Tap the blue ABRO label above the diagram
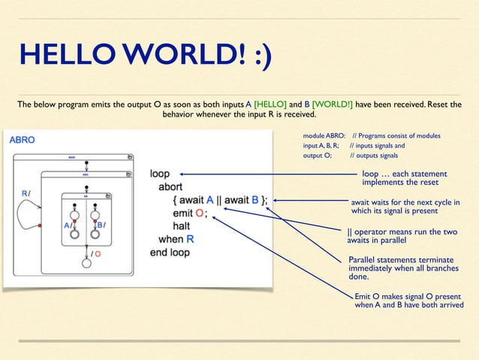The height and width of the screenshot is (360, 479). (x=22, y=139)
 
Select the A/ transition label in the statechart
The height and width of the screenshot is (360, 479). (x=68, y=224)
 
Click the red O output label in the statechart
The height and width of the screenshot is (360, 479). (x=98, y=254)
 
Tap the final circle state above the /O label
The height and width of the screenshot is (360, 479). (x=86, y=262)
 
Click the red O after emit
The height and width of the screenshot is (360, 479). (x=198, y=213)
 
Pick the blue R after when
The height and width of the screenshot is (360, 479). (x=191, y=239)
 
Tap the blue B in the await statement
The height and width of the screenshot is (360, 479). (x=255, y=200)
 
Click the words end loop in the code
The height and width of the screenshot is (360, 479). (x=170, y=253)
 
